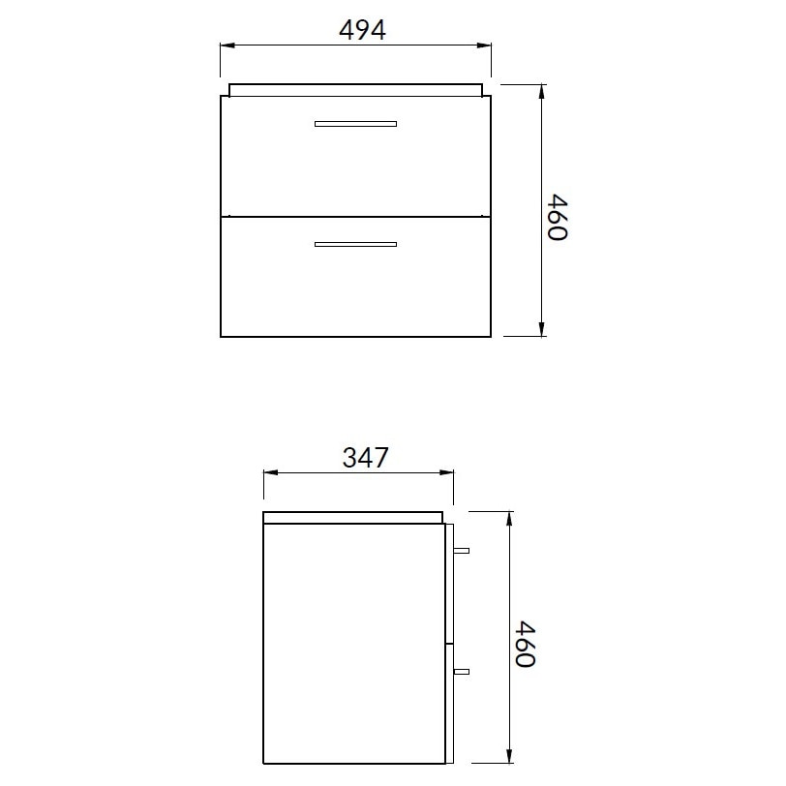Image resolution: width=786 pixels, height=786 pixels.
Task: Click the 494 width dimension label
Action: [362, 30]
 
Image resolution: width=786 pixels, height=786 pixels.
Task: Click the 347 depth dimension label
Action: [365, 457]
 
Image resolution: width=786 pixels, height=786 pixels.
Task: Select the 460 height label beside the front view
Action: [558, 218]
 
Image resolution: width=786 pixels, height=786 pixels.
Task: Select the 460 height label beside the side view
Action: [526, 644]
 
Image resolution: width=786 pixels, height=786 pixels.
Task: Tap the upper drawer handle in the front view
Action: [355, 124]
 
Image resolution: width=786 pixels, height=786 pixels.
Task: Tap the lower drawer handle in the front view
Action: [355, 245]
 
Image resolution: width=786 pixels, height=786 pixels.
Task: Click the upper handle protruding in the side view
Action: [461, 551]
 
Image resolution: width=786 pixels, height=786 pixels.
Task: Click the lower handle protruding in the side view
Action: [461, 671]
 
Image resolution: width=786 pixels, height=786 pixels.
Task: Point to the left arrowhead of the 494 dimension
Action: [227, 45]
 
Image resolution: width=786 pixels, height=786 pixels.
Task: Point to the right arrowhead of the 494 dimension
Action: [484, 45]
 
